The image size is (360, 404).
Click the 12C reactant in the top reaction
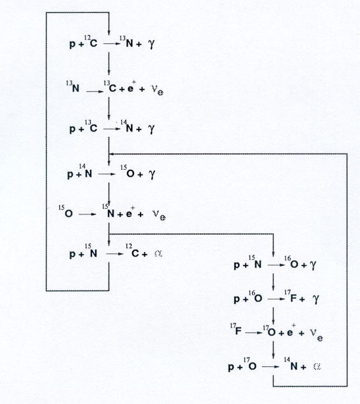tap(91, 41)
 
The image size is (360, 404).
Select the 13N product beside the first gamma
tap(126, 41)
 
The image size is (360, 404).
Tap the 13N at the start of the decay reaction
tap(73, 87)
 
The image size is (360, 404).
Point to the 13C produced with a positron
tap(110, 87)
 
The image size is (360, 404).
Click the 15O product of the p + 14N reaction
tap(127, 172)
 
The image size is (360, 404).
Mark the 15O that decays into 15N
tap(66, 211)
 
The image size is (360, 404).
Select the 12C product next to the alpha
tap(133, 251)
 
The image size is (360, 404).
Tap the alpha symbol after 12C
tap(158, 254)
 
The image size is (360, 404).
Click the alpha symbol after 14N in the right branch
tap(317, 366)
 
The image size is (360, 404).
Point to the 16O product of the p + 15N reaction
tap(291, 262)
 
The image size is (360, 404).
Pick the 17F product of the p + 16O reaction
tap(290, 296)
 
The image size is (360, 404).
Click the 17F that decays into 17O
tap(236, 329)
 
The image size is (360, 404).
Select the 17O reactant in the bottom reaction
tap(250, 364)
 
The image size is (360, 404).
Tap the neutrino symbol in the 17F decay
tap(316, 334)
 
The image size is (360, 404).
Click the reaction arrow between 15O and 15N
tap(87, 214)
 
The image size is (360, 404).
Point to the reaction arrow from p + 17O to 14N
tap(271, 366)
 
